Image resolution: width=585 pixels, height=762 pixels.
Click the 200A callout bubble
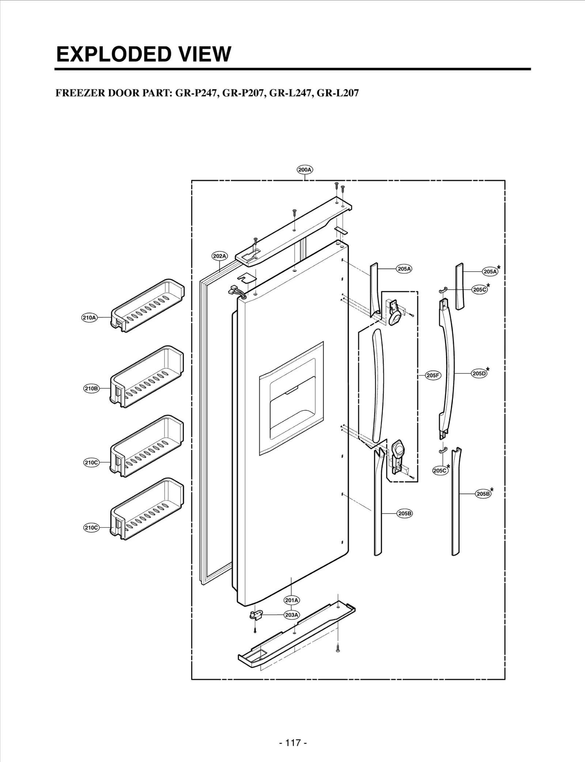coord(305,170)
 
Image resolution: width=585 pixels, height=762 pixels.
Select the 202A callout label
coord(219,256)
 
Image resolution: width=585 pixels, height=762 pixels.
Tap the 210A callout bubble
coord(89,318)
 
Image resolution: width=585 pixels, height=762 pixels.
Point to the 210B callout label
coord(91,388)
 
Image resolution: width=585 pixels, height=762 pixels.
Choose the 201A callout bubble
coord(291,600)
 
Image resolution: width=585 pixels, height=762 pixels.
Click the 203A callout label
coord(291,615)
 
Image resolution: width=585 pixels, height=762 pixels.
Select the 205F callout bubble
coord(433,375)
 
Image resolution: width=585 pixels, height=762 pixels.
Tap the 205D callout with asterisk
coord(479,374)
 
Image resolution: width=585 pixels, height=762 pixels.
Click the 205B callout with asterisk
coord(483,494)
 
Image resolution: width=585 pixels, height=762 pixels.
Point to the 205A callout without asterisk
coord(404,269)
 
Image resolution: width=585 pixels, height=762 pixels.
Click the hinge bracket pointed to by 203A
coord(256,615)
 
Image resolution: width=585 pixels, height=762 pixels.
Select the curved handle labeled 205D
coord(448,369)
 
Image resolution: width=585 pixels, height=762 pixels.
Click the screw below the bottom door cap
coord(338,648)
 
